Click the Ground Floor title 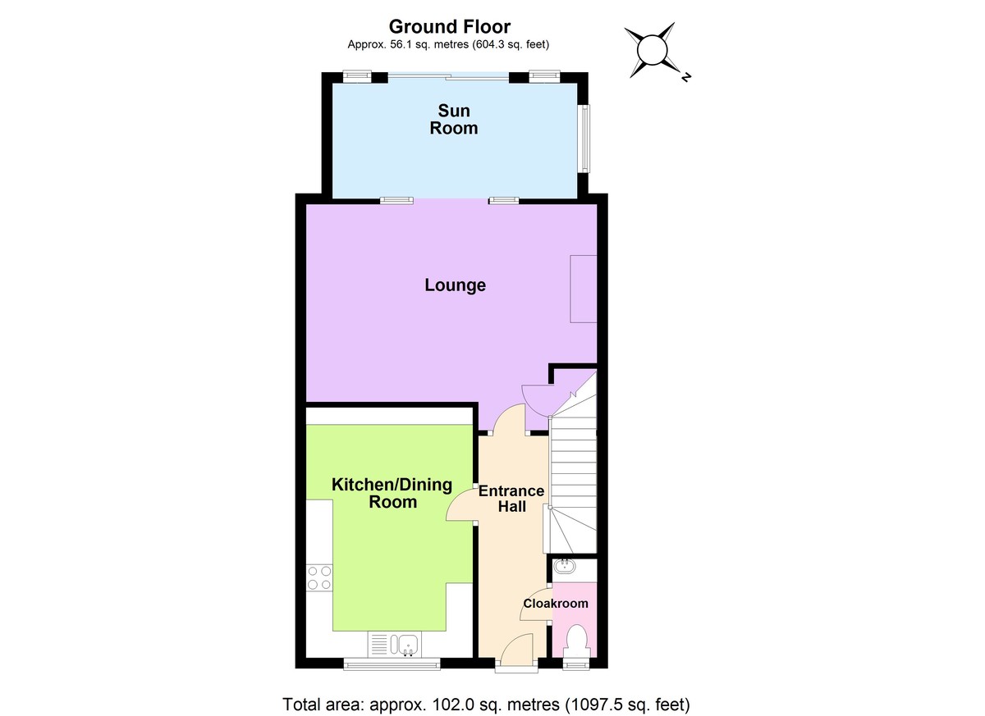[449, 26]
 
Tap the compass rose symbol [655, 50]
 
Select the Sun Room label [454, 119]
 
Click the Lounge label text [455, 285]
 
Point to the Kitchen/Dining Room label [392, 493]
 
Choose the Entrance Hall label [511, 499]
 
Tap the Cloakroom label [556, 604]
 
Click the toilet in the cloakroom [577, 640]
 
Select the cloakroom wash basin [564, 566]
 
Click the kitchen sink [405, 645]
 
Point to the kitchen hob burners [319, 577]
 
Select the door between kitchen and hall [461, 505]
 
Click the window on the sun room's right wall [584, 137]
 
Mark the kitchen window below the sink [390, 664]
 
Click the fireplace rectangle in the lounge [584, 289]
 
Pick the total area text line [487, 704]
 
